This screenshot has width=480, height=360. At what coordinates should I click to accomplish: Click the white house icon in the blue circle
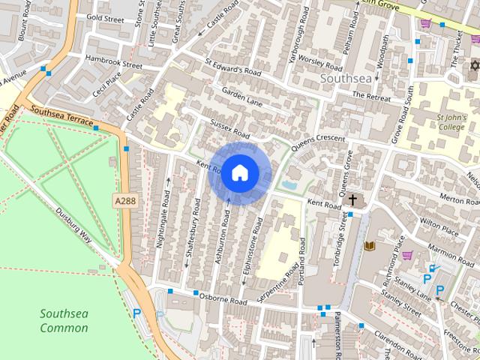240,172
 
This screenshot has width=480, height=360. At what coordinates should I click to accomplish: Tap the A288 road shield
125,201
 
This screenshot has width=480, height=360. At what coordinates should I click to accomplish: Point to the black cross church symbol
352,199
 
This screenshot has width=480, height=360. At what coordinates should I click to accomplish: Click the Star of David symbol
474,66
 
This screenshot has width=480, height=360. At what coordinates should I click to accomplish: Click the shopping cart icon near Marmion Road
407,255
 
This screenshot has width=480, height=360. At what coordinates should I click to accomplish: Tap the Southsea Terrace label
62,115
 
